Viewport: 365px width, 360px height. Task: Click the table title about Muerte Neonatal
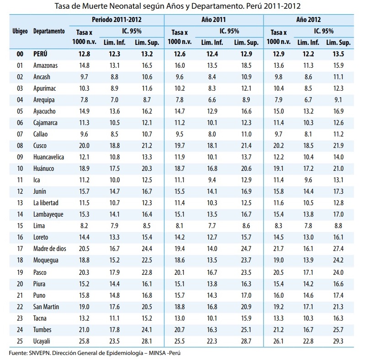(x=182, y=6)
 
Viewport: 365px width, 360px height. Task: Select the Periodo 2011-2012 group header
(x=116, y=20)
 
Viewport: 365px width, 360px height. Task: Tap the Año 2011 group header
(x=213, y=20)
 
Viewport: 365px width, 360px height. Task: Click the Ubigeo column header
(x=20, y=31)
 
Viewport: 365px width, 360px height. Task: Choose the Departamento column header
(x=49, y=31)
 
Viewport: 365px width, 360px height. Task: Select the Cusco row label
(x=40, y=146)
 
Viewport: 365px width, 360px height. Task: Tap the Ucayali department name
(x=43, y=341)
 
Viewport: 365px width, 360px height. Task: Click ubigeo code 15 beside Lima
(x=20, y=226)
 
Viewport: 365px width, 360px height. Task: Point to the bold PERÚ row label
(x=40, y=54)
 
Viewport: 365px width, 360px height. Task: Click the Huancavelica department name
(x=49, y=157)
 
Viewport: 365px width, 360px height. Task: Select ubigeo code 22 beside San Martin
(x=20, y=306)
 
